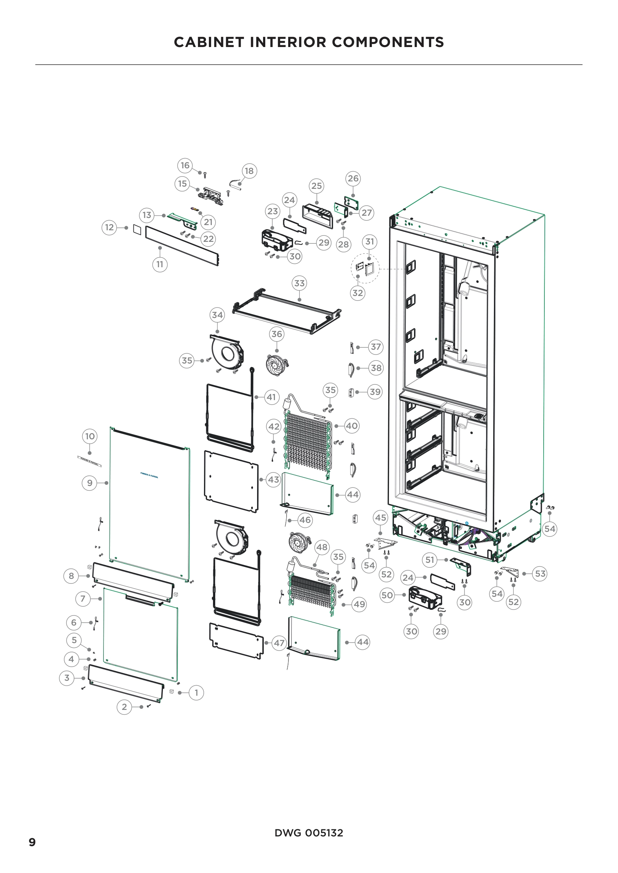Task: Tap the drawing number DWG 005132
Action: click(309, 833)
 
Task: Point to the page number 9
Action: click(33, 842)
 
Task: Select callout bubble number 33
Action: click(300, 283)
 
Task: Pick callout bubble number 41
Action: click(271, 397)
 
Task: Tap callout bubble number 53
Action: click(540, 573)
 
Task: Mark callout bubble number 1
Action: click(197, 692)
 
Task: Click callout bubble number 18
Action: click(249, 171)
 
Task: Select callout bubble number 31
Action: click(370, 241)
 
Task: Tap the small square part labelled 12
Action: click(137, 230)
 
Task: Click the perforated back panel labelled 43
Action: click(231, 481)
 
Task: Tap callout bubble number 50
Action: click(387, 595)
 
